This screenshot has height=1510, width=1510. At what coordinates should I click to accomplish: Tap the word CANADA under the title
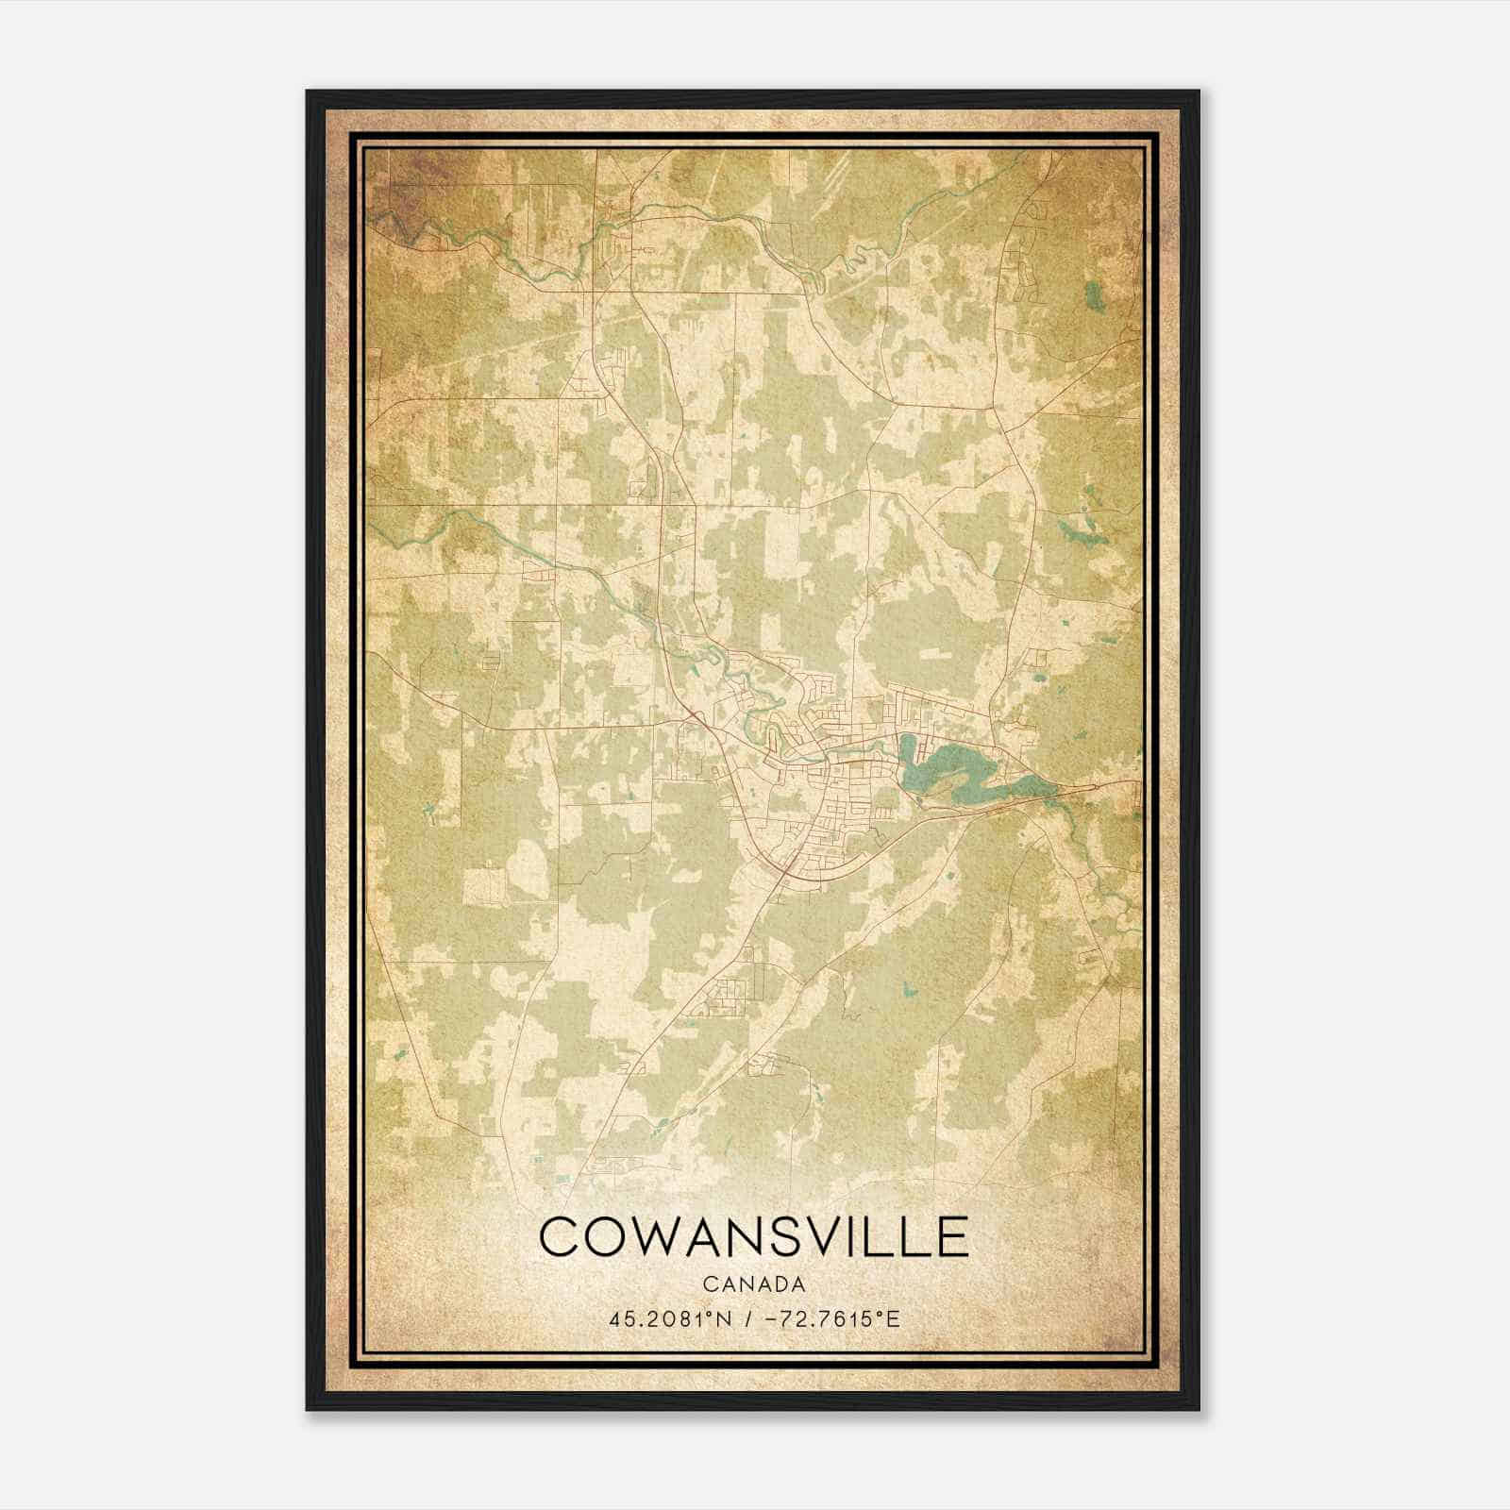pos(753,1284)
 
